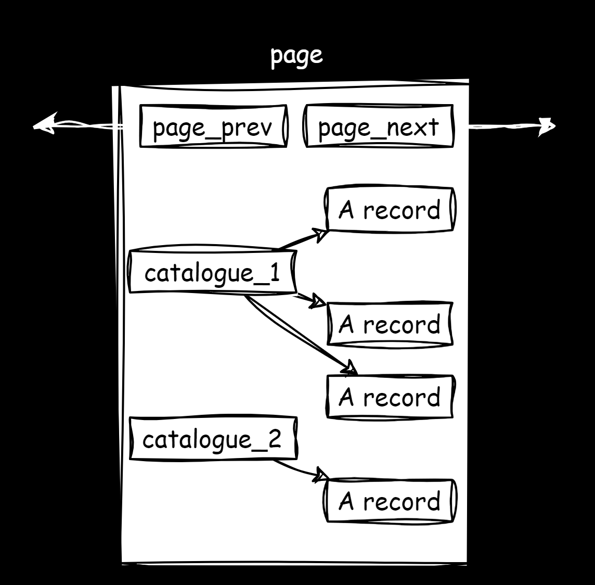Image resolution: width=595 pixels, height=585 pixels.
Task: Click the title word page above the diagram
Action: point(296,56)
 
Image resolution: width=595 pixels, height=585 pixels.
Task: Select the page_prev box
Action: point(213,126)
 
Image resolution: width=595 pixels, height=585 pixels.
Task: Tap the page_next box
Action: point(379,126)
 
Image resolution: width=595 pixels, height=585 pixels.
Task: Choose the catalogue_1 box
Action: point(212,272)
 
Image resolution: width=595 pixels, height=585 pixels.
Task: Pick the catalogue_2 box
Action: point(213,439)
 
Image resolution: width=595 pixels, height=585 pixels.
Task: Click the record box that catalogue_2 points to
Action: point(390,501)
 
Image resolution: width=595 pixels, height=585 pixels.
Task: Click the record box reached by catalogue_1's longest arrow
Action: point(390,397)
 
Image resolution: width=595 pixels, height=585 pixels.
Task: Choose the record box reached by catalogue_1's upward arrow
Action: point(390,209)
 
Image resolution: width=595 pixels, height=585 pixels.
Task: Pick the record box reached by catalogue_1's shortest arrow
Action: point(390,324)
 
